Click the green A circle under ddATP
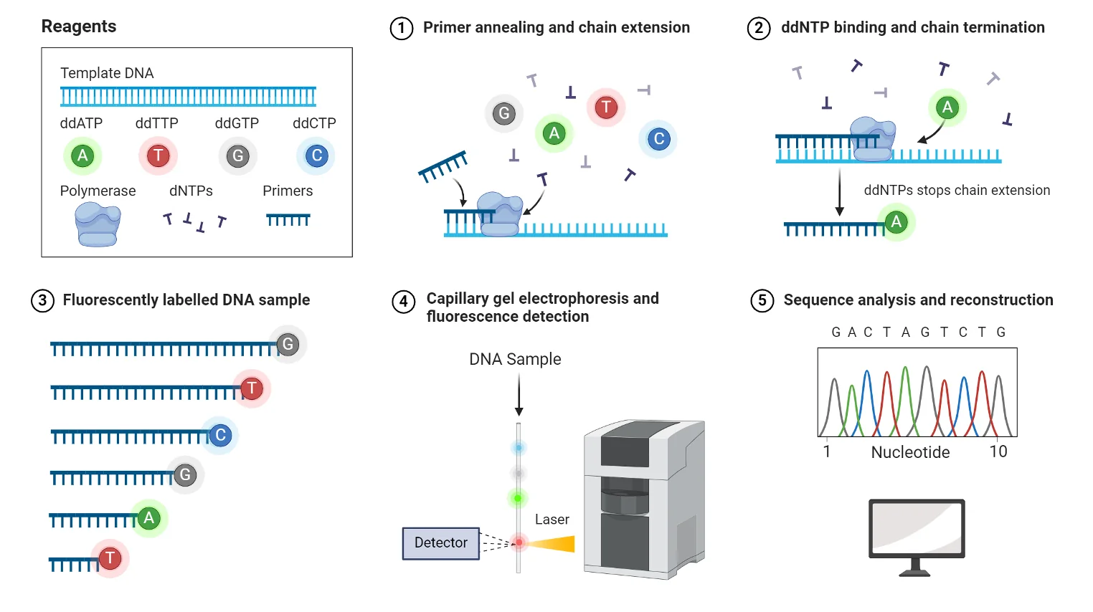pos(82,156)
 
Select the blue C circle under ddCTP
pos(316,156)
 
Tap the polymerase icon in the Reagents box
pos(98,224)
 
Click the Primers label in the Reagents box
pos(288,191)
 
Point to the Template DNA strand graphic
pos(188,97)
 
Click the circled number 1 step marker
pos(402,28)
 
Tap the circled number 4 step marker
pos(404,302)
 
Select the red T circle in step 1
pos(606,107)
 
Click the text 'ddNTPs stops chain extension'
pos(957,190)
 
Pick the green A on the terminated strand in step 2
pos(896,222)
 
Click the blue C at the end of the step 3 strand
pos(220,435)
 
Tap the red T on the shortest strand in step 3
pos(110,558)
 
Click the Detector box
pos(440,543)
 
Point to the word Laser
pos(552,520)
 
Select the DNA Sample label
pos(515,360)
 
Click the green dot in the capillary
pos(518,498)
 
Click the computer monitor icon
pos(917,537)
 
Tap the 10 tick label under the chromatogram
pos(998,451)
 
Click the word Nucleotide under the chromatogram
pos(911,452)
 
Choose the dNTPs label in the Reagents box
pos(191,191)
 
